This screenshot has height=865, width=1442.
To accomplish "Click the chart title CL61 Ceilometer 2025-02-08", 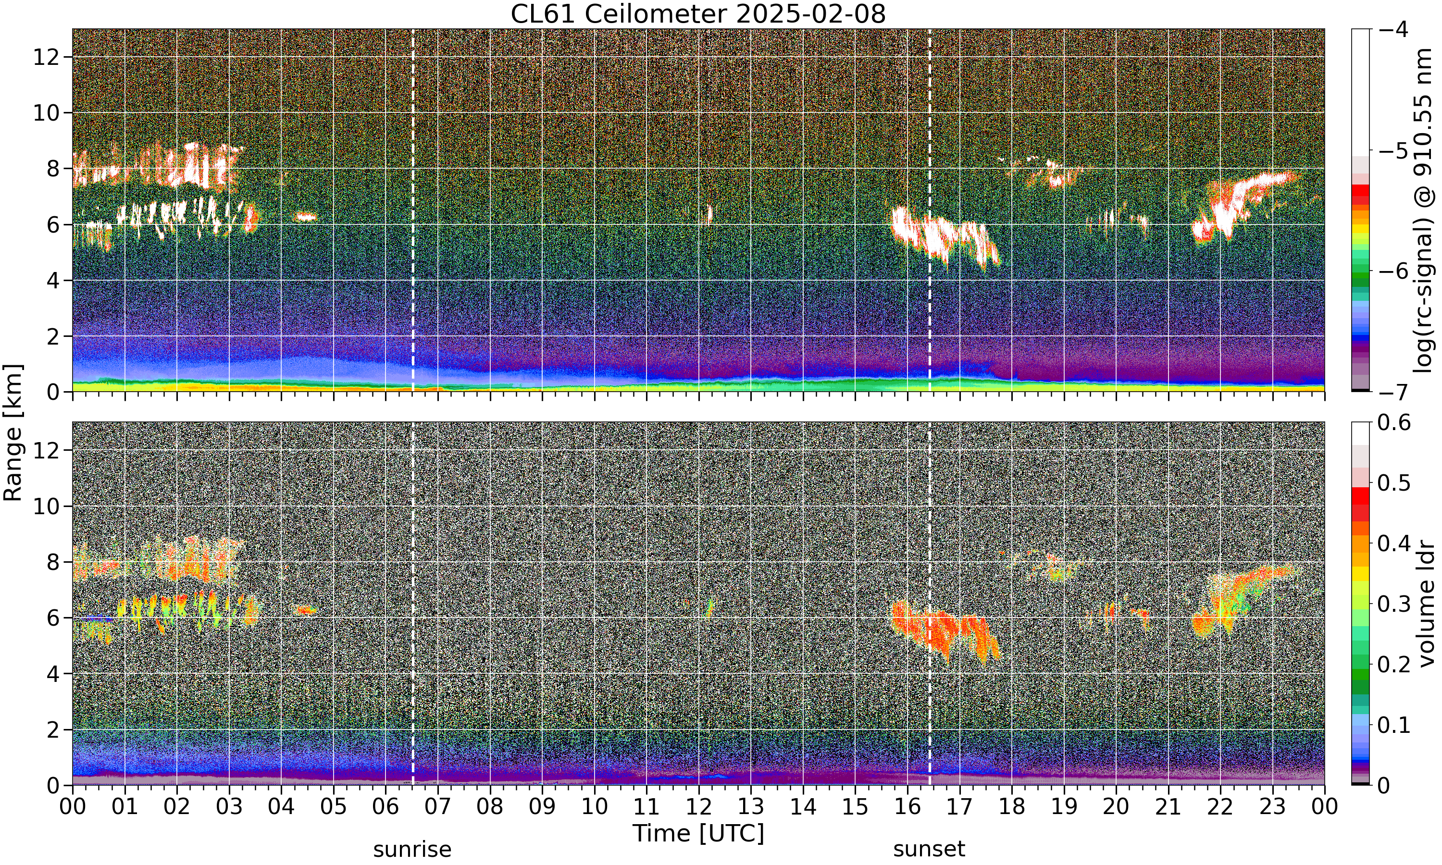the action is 697,14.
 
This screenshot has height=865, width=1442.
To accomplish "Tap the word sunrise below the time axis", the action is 412,849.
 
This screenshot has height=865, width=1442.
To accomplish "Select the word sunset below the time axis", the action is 929,849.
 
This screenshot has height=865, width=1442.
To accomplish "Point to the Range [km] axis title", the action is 13,432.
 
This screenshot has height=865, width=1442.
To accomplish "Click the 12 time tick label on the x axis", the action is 698,807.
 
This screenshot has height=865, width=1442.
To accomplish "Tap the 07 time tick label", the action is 438,807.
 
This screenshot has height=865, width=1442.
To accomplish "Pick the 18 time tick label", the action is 1011,807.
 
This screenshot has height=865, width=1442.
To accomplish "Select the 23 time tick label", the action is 1272,807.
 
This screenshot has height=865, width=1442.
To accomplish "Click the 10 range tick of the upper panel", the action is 46,112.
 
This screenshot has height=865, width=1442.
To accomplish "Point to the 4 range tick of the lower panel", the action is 53,674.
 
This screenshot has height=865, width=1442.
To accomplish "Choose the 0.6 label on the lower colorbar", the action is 1394,422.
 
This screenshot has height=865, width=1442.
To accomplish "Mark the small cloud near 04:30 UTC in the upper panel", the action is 305,217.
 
